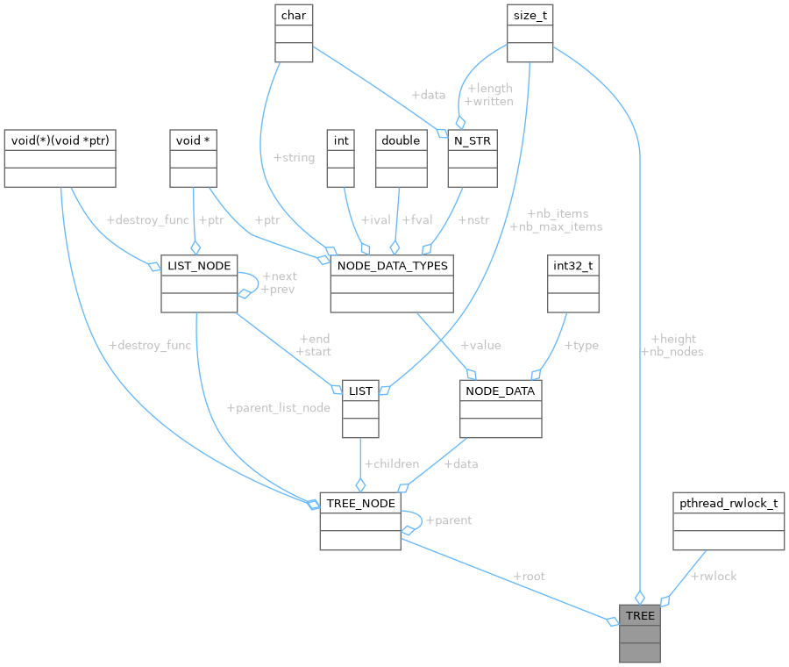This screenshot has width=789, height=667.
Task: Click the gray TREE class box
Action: point(640,633)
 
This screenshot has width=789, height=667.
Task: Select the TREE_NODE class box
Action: point(360,520)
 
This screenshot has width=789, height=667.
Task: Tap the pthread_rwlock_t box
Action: point(729,521)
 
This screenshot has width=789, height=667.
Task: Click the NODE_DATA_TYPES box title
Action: point(391,266)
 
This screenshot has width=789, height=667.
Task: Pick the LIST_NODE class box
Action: point(199,284)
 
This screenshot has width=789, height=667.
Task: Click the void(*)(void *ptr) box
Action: point(60,158)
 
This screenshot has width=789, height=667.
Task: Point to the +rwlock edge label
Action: point(714,577)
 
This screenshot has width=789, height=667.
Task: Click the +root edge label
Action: point(530,577)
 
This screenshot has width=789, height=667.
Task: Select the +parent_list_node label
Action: point(278,408)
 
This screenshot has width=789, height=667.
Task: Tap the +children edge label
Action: point(391,463)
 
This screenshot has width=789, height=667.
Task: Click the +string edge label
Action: point(294,158)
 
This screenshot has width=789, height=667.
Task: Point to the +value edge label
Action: point(480,345)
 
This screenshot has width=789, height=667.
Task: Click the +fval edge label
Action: point(416,220)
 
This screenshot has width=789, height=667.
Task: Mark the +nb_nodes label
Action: point(672,352)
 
